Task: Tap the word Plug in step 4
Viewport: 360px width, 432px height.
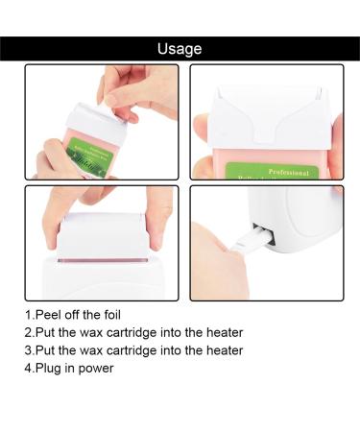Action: point(51,368)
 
